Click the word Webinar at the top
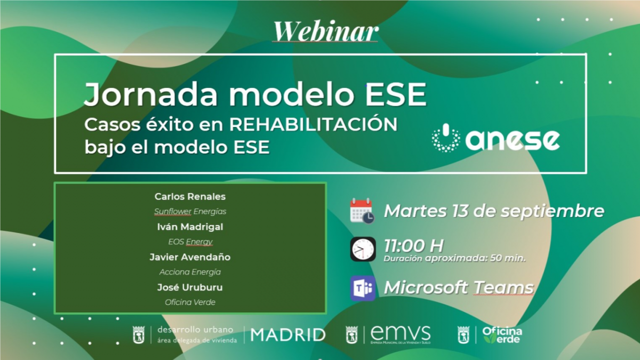(325, 31)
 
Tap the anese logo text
(513, 139)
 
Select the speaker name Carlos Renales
(190, 197)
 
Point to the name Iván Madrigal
(190, 227)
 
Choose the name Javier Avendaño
(190, 257)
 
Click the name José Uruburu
(190, 287)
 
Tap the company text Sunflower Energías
(190, 212)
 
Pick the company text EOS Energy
(190, 242)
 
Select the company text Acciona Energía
(190, 272)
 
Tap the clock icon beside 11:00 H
(363, 249)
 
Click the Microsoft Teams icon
(363, 288)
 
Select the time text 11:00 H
(413, 246)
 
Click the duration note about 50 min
(455, 259)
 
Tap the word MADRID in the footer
(288, 335)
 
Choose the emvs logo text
(401, 334)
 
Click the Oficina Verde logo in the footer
(501, 335)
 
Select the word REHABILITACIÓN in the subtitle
(314, 125)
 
